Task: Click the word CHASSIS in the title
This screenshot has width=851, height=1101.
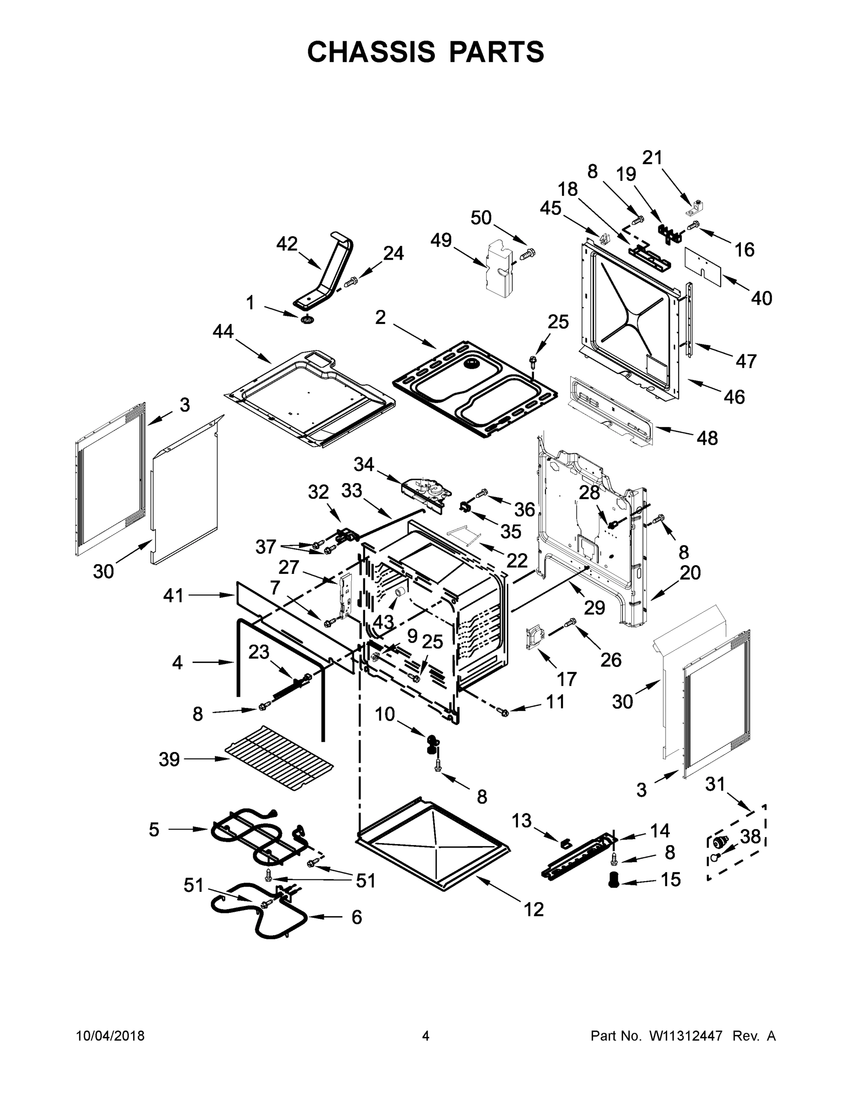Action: pos(371,52)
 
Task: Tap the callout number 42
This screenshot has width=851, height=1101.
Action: pos(287,245)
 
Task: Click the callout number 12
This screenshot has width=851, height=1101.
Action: pos(534,909)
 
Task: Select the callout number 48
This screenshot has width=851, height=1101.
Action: pos(707,438)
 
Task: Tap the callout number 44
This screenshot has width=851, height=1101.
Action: pos(223,332)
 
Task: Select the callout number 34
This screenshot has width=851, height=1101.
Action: pos(363,464)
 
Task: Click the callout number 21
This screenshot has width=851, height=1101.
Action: pos(652,158)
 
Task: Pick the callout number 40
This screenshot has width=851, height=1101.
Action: pos(761,299)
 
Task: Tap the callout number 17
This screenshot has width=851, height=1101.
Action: pos(566,679)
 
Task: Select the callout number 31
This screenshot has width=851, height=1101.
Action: pos(715,784)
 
